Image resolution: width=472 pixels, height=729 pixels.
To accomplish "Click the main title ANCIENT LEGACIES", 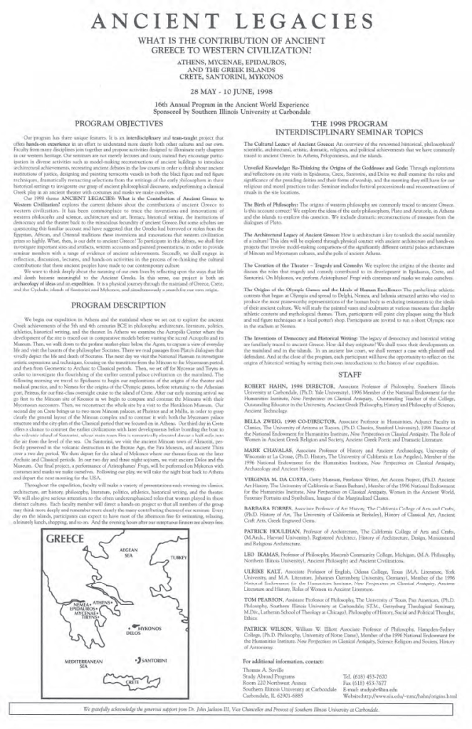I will point(236,23).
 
